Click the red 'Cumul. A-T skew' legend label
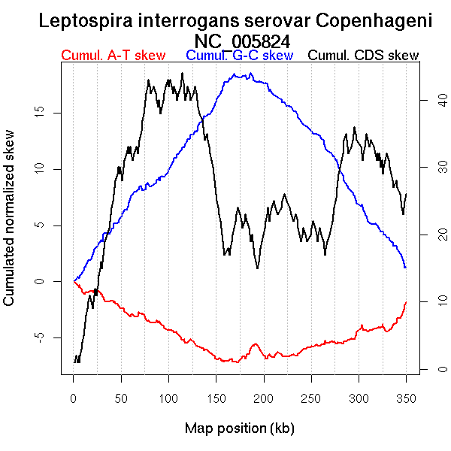click(113, 56)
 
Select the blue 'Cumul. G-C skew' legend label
click(239, 56)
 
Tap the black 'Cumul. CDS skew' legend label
click(364, 56)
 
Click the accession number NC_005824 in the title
click(242, 40)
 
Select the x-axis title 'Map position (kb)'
click(239, 428)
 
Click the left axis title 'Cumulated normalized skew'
click(10, 227)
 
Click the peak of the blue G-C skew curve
click(235, 74)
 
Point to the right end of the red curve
click(406, 302)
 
